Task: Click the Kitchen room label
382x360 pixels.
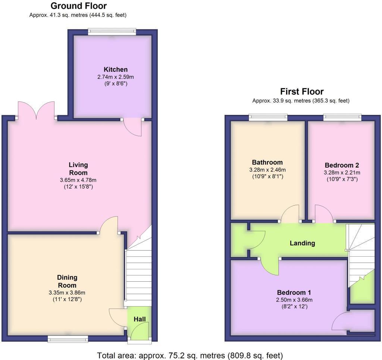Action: pos(116,69)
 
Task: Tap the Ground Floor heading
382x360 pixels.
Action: pos(78,6)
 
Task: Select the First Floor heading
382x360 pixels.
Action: pos(302,91)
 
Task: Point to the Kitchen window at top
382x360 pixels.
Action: pos(112,32)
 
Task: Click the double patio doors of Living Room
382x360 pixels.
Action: pos(36,110)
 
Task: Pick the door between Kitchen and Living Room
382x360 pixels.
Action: pos(132,126)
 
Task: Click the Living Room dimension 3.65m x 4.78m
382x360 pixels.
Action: pos(78,180)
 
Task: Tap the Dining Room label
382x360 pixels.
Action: pos(67,281)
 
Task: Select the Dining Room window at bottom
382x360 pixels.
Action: pos(68,338)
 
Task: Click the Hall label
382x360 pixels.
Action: pos(140,319)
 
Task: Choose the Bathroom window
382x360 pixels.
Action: pos(268,118)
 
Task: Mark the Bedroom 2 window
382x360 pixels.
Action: pos(342,118)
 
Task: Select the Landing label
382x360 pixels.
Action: pos(302,243)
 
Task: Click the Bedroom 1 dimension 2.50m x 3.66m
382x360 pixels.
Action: pos(294,300)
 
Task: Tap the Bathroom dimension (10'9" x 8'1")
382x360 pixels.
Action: pos(267,176)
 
